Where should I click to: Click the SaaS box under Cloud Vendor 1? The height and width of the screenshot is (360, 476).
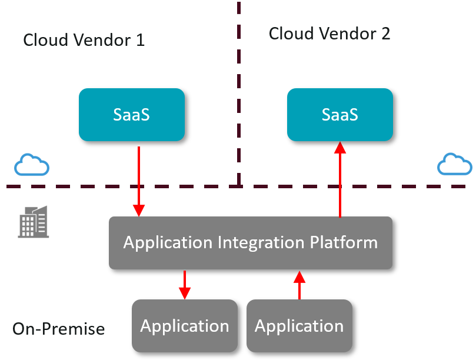(131, 115)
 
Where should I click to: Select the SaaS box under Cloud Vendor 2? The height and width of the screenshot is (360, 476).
(339, 115)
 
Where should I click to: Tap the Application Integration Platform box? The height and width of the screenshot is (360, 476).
(251, 242)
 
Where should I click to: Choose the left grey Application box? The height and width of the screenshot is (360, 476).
(184, 325)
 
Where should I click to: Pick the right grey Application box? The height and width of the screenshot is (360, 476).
(299, 325)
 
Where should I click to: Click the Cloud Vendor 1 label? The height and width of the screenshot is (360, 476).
(84, 41)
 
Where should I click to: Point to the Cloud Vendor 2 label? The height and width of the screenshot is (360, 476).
(329, 34)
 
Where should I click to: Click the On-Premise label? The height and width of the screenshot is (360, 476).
(58, 329)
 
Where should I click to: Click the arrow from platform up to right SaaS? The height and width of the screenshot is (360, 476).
(340, 179)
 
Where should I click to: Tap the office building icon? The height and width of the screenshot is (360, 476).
(34, 222)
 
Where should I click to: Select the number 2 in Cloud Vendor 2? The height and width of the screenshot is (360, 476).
(385, 34)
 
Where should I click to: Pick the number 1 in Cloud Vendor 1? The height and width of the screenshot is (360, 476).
(140, 41)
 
